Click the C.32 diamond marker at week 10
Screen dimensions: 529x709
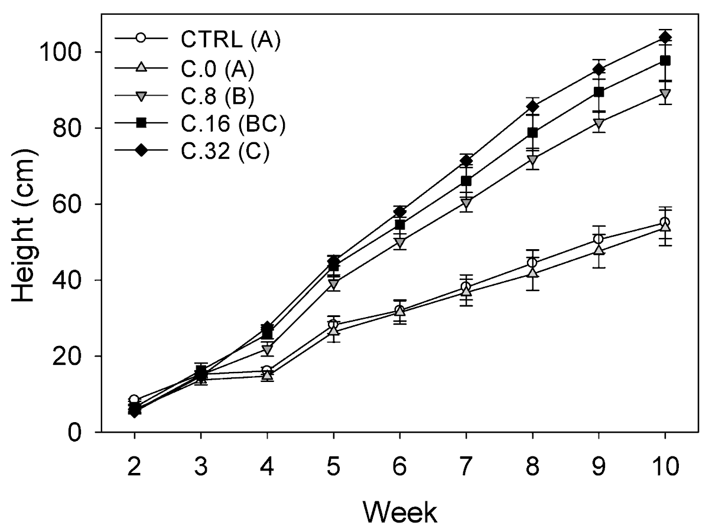coord(665,38)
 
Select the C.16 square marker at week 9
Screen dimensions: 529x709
coord(599,92)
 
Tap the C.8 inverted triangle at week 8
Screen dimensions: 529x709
coord(532,159)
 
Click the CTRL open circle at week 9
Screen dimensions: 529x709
coord(599,239)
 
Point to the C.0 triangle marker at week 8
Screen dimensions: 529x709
coord(532,272)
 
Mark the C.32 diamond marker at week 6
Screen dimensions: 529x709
coord(400,211)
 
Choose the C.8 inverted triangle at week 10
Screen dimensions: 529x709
coord(665,93)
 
